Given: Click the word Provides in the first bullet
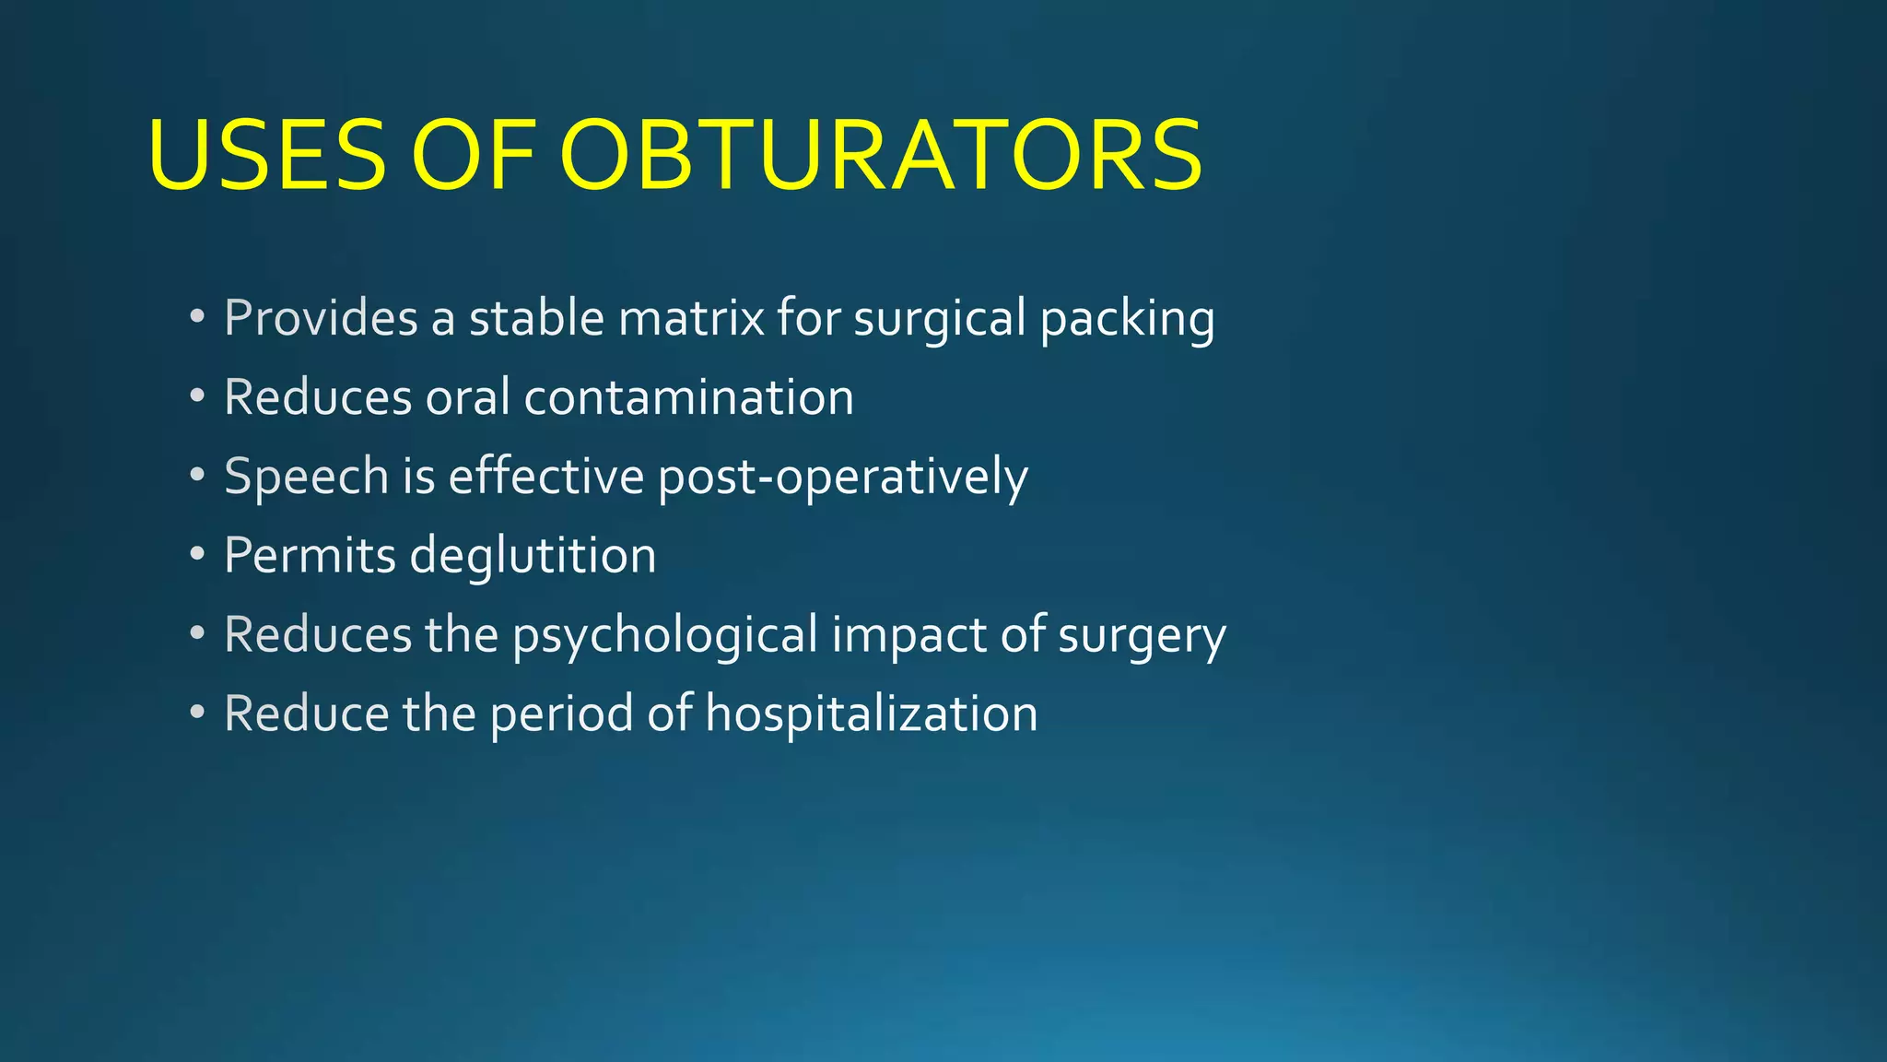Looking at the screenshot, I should tap(321, 318).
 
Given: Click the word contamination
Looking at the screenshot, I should tap(688, 397).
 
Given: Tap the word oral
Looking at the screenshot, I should tap(467, 397).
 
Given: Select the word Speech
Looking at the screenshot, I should tap(307, 478).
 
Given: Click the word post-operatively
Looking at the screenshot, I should tap(843, 478).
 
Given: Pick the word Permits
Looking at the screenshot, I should tap(310, 556).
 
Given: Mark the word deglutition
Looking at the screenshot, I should tap(533, 556).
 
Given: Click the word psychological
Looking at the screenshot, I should tap(665, 636).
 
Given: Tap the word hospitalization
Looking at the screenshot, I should tap(871, 714).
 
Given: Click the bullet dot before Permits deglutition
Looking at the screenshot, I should tap(197, 555).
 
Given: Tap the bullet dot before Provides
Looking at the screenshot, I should tap(197, 317).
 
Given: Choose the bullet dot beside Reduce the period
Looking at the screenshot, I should tap(197, 714).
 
